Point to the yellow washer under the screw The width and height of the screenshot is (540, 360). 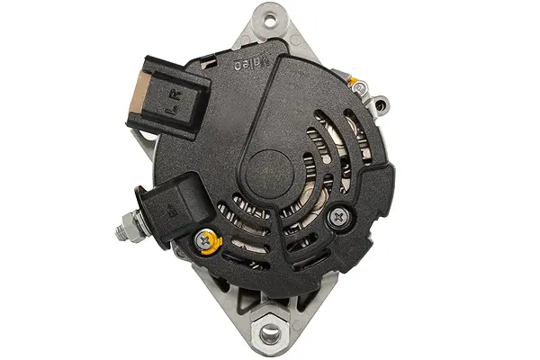coord(207,240)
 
